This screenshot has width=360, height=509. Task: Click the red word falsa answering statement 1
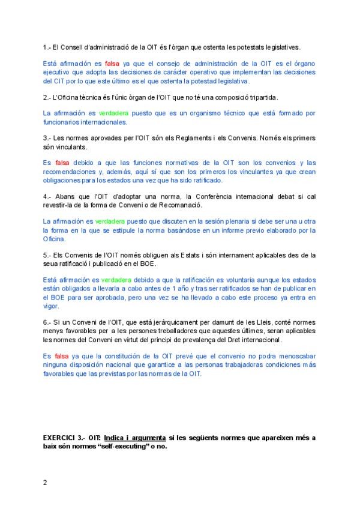(x=112, y=63)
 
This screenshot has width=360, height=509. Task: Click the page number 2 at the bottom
(x=46, y=481)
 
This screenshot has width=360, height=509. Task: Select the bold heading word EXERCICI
(x=61, y=438)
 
